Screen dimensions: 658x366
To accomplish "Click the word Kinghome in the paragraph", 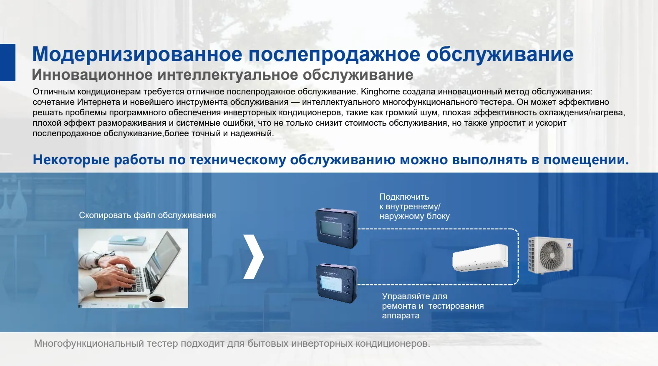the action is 380,91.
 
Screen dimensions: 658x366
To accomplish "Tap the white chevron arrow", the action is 254,257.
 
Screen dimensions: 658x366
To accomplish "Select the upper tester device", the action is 337,228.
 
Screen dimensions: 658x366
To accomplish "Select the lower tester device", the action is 337,283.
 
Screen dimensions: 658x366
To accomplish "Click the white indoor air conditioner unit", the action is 480,257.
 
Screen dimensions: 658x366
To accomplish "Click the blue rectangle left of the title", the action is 8,62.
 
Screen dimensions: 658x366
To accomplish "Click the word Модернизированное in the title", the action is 137,54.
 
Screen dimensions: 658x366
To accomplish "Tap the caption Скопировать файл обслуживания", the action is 147,215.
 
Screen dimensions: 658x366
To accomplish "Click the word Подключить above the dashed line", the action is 404,197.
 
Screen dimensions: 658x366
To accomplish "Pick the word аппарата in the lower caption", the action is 401,315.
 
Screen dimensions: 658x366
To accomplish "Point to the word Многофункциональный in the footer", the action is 89,343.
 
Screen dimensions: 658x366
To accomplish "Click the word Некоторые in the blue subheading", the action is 71,160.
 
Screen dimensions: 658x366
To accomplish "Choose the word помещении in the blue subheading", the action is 586,160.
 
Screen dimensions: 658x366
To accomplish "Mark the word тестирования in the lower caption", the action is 456,306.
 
